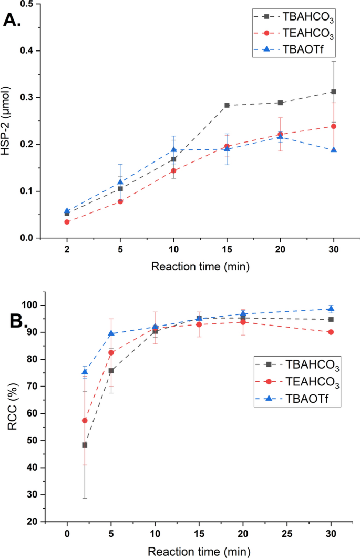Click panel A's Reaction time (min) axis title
[200, 266]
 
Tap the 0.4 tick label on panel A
[37, 51]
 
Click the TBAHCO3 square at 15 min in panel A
[227, 105]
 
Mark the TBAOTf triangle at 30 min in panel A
[333, 150]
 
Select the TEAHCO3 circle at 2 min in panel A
[67, 222]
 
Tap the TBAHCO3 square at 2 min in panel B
[84, 445]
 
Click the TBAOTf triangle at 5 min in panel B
[111, 333]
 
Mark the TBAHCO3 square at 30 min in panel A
[333, 92]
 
